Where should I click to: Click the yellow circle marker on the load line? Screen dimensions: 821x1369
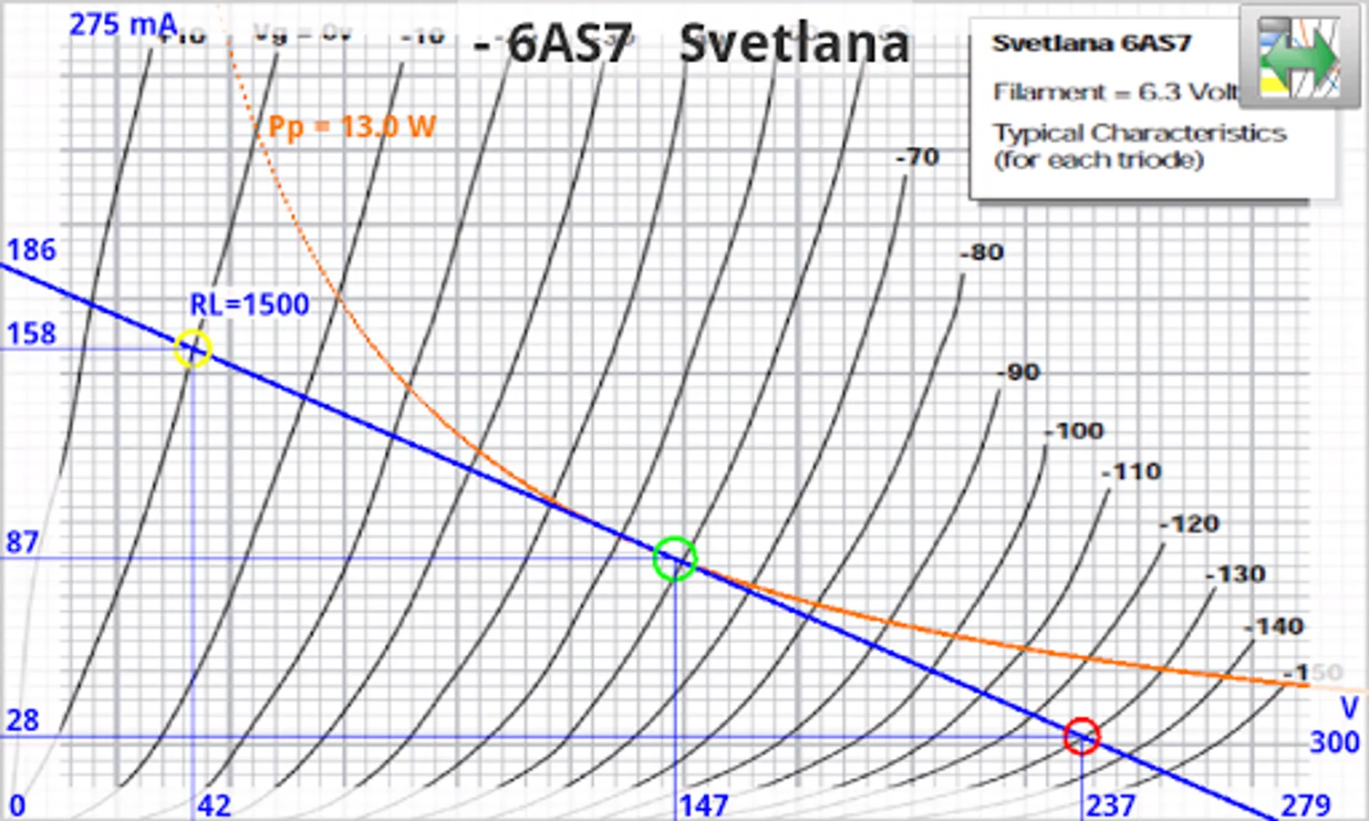[193, 348]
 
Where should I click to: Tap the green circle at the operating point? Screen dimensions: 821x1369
[675, 558]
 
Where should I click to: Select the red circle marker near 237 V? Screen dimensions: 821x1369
[1082, 735]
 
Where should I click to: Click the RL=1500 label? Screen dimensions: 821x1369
[249, 304]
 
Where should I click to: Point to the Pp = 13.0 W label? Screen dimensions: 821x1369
[352, 127]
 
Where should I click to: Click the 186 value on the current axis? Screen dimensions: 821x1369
[32, 250]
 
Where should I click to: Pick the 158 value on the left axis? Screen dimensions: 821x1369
[32, 334]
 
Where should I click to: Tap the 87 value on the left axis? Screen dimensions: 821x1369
[23, 543]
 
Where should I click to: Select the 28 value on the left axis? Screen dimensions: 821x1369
[23, 721]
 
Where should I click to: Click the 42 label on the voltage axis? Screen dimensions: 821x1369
[214, 805]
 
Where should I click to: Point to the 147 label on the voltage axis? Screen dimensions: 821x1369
[703, 805]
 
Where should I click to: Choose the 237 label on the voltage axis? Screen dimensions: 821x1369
[1110, 805]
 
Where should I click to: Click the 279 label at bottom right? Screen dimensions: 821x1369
[1305, 805]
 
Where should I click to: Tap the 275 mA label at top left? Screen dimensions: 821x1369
[122, 25]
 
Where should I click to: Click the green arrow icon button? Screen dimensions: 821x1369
[1299, 57]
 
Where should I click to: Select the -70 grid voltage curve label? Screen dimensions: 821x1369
[918, 157]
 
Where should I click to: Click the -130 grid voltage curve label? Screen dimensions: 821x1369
[1236, 575]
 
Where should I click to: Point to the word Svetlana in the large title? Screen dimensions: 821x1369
[794, 44]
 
